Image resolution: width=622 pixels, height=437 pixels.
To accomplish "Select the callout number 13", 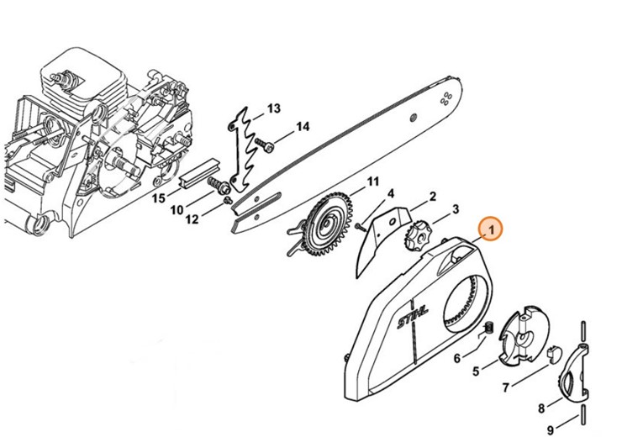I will coord(273,109).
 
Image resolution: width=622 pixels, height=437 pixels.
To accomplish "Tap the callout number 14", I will coord(303,127).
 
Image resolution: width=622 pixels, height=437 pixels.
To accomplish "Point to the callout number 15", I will coord(158,198).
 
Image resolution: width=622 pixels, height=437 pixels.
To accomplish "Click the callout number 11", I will coord(372,182).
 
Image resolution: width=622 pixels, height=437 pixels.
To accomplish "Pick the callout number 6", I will coord(457,358).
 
